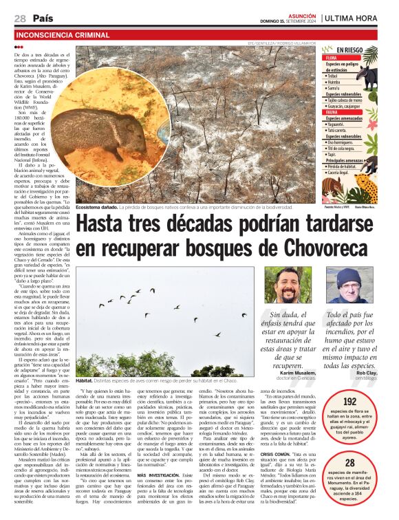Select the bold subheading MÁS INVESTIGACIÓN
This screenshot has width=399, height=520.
[x=160, y=455]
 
